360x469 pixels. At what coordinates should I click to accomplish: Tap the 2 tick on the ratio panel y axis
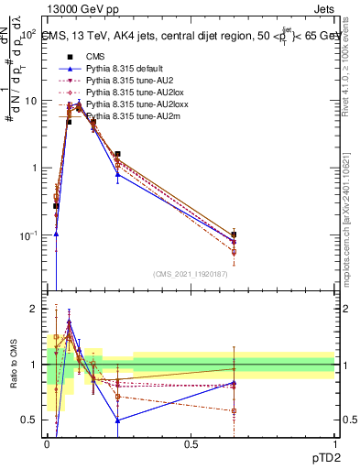click(x=34, y=310)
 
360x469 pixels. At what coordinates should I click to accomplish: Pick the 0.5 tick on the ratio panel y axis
click(x=30, y=420)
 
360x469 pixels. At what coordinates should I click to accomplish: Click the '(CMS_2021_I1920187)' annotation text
click(x=191, y=274)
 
